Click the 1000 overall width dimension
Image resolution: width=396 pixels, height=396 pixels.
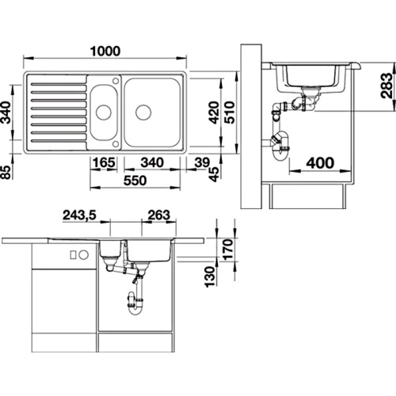(x=105, y=51)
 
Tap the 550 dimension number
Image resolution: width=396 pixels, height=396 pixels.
(x=135, y=181)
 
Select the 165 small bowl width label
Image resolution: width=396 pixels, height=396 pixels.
(x=104, y=162)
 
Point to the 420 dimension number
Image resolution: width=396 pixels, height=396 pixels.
(x=214, y=112)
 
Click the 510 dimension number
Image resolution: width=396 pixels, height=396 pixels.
(x=230, y=112)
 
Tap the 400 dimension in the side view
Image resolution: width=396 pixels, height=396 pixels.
(x=320, y=163)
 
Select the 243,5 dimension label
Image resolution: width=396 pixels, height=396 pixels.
(x=79, y=215)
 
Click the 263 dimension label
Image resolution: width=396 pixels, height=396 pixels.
(x=158, y=215)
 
